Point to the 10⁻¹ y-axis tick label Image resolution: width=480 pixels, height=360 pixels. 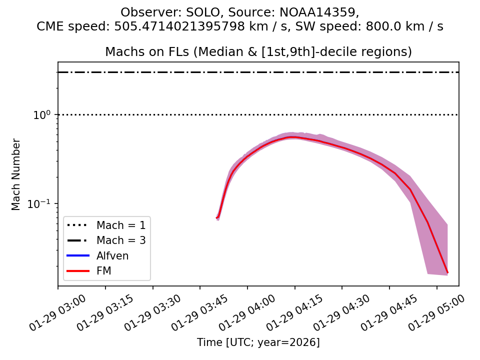[42, 203]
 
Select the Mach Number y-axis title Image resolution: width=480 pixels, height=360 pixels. [16, 174]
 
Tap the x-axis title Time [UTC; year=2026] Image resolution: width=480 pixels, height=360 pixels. [258, 342]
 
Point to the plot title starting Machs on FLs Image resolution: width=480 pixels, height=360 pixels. [258, 52]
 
